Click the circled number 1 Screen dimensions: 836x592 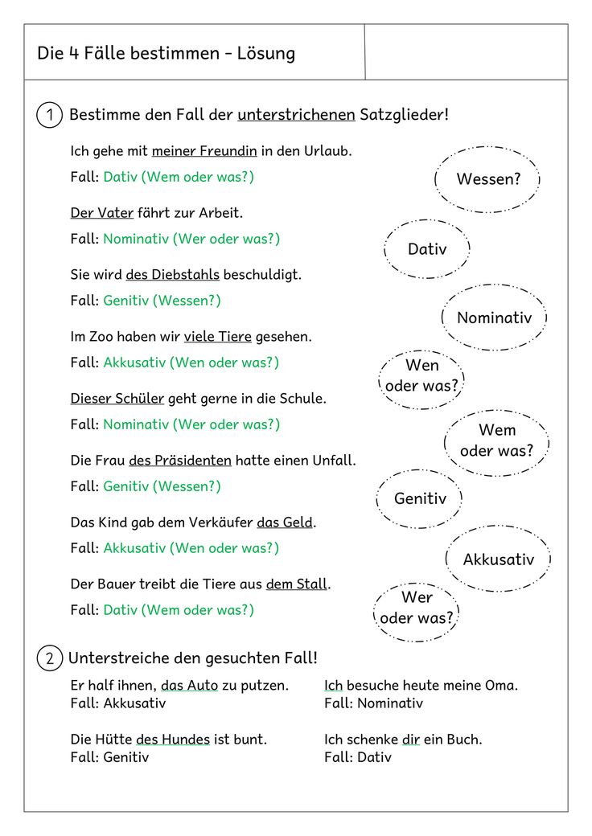[x=50, y=115]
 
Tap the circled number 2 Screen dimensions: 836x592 [x=50, y=658]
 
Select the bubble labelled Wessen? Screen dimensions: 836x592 [x=487, y=179]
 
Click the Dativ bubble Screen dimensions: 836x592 [x=427, y=249]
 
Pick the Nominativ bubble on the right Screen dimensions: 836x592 [x=494, y=318]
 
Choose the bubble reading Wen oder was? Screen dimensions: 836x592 [x=421, y=376]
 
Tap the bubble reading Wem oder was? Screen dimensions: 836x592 [x=496, y=441]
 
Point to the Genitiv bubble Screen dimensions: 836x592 [x=419, y=499]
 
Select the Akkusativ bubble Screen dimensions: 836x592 [x=498, y=559]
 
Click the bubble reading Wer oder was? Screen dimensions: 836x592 [x=417, y=609]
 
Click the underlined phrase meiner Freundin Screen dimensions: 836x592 [x=204, y=151]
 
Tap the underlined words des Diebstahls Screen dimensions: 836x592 [x=172, y=275]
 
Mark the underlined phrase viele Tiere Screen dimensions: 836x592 [x=218, y=337]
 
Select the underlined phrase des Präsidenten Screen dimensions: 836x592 [x=180, y=461]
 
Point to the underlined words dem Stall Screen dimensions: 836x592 [x=297, y=584]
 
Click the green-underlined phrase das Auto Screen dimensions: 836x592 [x=190, y=686]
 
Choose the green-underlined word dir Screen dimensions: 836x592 [x=411, y=740]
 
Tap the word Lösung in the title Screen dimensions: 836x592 [x=265, y=54]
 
